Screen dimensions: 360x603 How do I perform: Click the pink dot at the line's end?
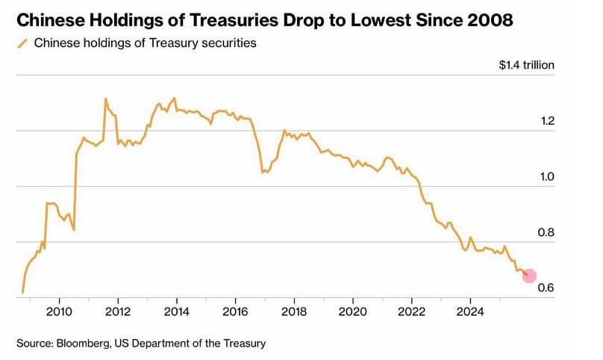point(529,276)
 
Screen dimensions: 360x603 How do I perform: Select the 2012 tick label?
point(117,311)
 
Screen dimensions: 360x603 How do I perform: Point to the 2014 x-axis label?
point(176,311)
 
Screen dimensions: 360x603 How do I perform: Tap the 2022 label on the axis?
point(411,311)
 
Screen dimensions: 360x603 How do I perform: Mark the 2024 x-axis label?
point(470,311)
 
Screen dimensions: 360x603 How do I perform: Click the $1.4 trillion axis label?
point(527,65)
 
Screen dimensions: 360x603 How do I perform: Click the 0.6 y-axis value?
point(546,288)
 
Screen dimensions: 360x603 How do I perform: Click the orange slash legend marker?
point(22,43)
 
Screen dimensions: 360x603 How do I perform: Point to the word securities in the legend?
point(229,43)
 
